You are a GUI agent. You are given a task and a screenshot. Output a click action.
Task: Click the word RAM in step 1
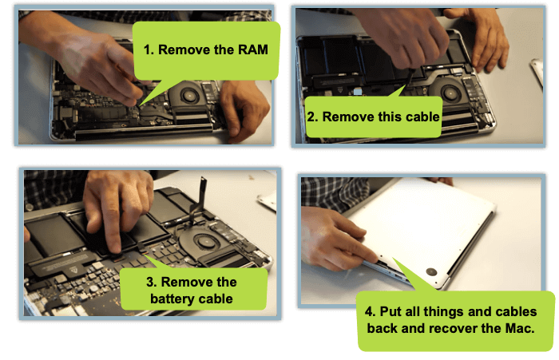252,49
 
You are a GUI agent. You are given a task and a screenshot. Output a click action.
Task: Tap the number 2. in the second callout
313,117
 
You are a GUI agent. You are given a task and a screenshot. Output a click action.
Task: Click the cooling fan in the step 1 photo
187,95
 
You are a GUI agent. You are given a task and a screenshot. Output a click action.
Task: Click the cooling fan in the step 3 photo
203,243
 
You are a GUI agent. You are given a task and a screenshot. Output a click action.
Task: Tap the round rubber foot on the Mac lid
431,272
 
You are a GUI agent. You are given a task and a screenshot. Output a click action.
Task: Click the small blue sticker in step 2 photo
358,92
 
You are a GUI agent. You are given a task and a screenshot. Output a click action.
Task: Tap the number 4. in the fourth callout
371,311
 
